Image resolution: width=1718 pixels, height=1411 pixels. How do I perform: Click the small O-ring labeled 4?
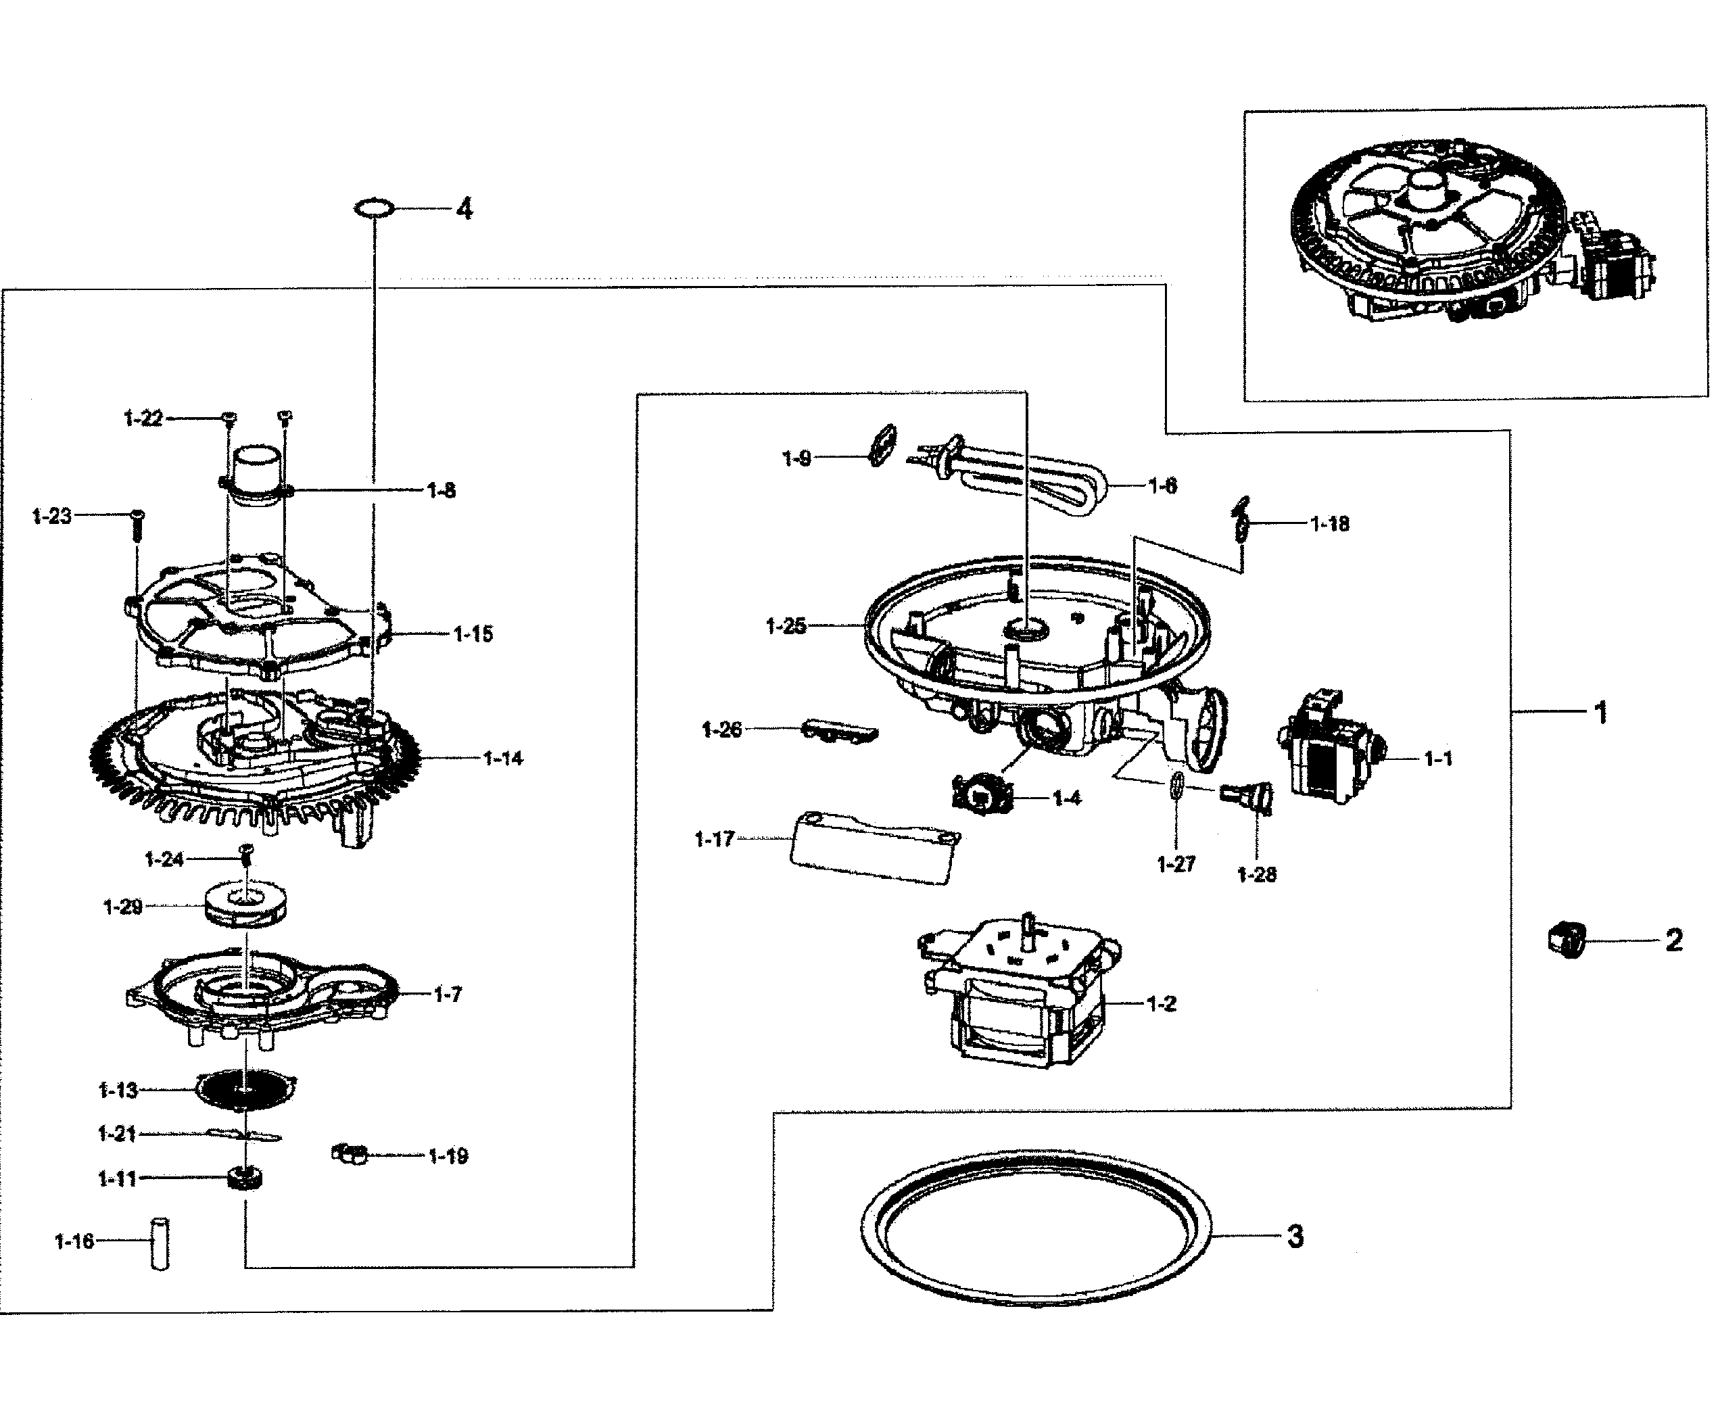click(x=375, y=209)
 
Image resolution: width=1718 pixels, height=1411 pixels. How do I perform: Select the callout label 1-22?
click(x=143, y=418)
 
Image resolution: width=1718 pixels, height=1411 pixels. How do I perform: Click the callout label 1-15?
click(x=473, y=634)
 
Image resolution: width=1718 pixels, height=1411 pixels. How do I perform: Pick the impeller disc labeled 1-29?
click(x=245, y=905)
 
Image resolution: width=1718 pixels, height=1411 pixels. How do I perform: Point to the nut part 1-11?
click(x=245, y=1178)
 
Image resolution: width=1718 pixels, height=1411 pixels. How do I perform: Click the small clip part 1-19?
click(x=350, y=1153)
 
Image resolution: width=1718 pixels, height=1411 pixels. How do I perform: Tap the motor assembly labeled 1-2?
click(x=1020, y=996)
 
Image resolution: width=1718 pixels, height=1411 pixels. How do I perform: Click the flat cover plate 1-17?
click(x=874, y=847)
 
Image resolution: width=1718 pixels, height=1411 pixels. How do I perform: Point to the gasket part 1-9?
click(x=881, y=445)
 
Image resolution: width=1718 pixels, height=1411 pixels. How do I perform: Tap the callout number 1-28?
click(x=1256, y=875)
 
